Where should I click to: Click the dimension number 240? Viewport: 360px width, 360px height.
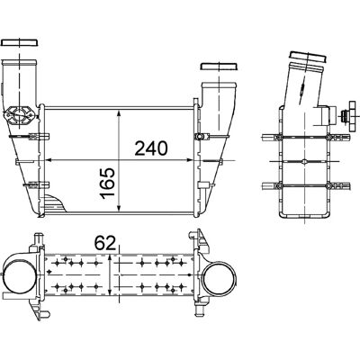point(150,148)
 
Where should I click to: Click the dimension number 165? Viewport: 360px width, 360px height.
point(108,184)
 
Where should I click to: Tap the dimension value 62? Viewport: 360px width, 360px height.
point(105,243)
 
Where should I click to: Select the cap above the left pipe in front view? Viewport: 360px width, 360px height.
point(20,42)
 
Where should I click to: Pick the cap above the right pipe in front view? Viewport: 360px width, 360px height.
point(220,67)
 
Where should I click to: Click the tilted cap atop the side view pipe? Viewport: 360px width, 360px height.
point(308,58)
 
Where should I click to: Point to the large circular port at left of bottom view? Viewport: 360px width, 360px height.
point(19,275)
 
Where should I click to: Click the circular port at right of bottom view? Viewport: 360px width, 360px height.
point(220,279)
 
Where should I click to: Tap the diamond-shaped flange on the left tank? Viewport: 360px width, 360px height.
point(20,114)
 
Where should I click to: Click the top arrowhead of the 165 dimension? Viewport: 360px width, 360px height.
point(119,113)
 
